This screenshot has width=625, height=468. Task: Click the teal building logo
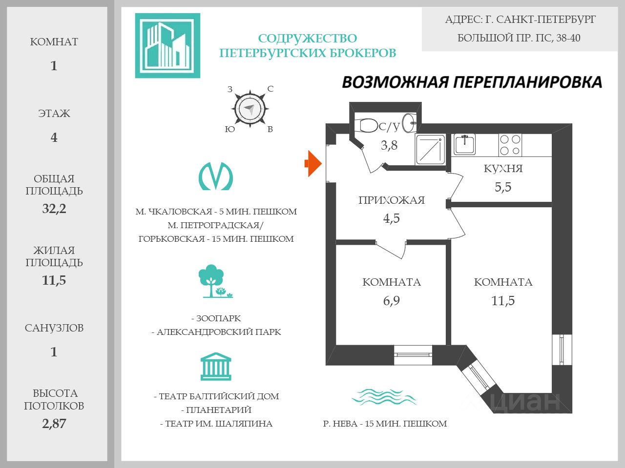[167, 45]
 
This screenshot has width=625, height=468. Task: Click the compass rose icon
[250, 109]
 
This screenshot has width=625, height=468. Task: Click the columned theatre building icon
[215, 367]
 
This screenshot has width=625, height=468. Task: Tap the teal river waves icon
[384, 397]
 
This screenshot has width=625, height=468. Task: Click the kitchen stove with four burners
[510, 145]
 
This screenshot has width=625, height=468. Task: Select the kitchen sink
[464, 144]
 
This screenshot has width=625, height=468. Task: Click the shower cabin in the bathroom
[430, 149]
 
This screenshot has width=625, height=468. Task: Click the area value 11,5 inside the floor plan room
[503, 301]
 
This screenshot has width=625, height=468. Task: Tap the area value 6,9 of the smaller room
[391, 301]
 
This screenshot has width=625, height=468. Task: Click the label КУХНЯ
[503, 169]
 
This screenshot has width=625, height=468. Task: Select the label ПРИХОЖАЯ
[391, 200]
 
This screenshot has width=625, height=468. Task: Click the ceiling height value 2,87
[54, 424]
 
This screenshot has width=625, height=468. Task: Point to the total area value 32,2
[54, 209]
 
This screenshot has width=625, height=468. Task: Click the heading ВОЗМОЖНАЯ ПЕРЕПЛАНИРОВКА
[472, 82]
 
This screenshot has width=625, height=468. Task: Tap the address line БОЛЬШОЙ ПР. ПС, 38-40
[519, 38]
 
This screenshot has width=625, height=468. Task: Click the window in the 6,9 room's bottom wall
[413, 354]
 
